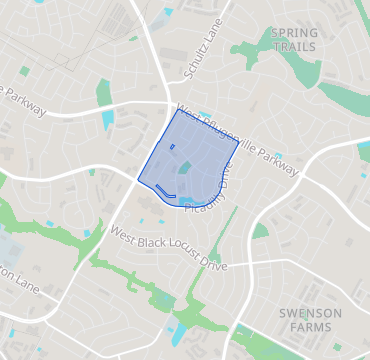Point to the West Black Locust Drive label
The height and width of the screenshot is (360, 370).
[x=169, y=249]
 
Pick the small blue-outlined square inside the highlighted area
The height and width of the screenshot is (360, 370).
[x=172, y=147]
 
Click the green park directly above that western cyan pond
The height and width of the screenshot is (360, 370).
[x=104, y=92]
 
